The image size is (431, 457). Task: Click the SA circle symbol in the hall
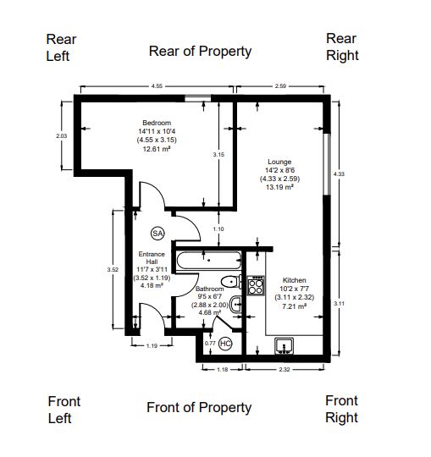tap(157, 234)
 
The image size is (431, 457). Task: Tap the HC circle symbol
tap(225, 344)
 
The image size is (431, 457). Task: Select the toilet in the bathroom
tap(231, 282)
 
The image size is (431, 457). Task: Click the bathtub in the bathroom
tap(209, 261)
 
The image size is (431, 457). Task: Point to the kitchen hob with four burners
tap(256, 286)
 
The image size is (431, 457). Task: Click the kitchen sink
tap(284, 346)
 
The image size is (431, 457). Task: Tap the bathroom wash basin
tap(235, 305)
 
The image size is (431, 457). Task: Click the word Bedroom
tap(157, 123)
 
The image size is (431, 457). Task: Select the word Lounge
tap(279, 162)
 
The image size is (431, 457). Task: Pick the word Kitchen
tap(294, 280)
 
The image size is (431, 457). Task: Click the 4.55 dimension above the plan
tap(157, 86)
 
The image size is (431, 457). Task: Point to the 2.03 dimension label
tap(62, 135)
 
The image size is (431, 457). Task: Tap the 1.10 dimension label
tap(218, 229)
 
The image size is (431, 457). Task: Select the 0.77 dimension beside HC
tap(210, 344)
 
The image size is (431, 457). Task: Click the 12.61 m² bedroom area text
tap(157, 149)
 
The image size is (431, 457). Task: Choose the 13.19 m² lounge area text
tap(279, 187)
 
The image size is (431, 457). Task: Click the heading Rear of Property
tap(200, 52)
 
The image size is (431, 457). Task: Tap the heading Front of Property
tap(199, 407)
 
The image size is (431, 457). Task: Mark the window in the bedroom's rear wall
tap(197, 98)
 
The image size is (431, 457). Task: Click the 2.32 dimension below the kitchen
tap(285, 370)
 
